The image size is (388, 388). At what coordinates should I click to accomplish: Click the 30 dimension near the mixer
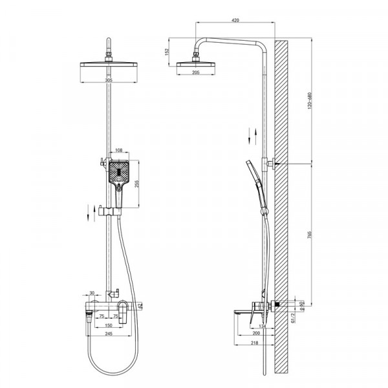click(92, 292)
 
